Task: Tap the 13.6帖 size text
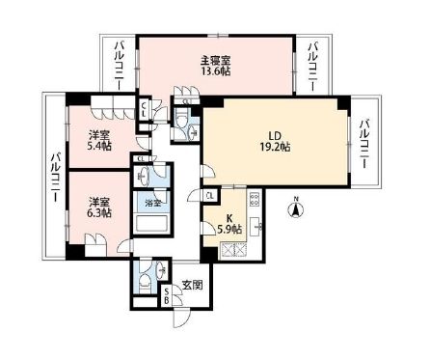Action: click(x=214, y=71)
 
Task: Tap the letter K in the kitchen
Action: click(x=229, y=218)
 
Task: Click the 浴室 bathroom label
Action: click(x=153, y=204)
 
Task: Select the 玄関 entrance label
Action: click(x=191, y=285)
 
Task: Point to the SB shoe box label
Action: click(x=166, y=294)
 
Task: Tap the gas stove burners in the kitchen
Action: click(x=255, y=203)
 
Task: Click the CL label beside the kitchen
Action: click(x=211, y=196)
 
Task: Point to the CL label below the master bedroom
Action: click(x=145, y=109)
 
